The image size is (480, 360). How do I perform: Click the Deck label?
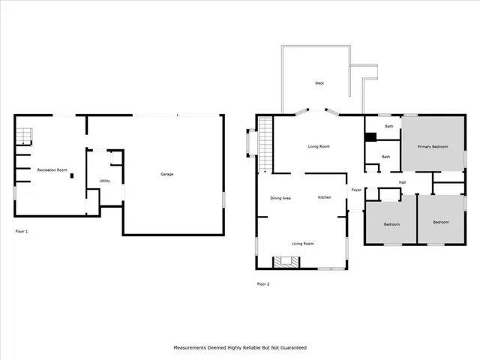(x=319, y=82)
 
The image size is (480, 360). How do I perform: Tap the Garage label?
(x=167, y=175)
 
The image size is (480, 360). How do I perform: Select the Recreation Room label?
(x=53, y=170)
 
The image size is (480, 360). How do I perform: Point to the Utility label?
(x=104, y=181)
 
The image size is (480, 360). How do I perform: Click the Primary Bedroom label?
(x=433, y=146)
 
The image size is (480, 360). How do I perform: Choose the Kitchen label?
(x=324, y=197)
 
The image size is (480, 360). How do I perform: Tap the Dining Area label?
(x=280, y=197)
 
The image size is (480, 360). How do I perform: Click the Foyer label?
(x=356, y=190)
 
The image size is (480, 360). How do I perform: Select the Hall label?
(x=402, y=182)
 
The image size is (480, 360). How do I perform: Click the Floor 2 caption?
(x=262, y=283)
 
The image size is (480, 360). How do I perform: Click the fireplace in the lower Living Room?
(x=286, y=262)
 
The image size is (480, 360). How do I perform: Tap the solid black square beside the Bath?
(x=370, y=137)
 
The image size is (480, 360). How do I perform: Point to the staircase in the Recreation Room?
(x=25, y=136)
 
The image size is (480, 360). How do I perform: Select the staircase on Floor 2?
(x=265, y=142)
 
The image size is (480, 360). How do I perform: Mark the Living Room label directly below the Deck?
(x=319, y=146)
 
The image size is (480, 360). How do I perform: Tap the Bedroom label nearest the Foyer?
(x=391, y=224)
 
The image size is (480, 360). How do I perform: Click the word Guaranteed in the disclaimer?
(x=291, y=348)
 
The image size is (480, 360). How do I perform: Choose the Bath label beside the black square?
(x=388, y=126)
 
